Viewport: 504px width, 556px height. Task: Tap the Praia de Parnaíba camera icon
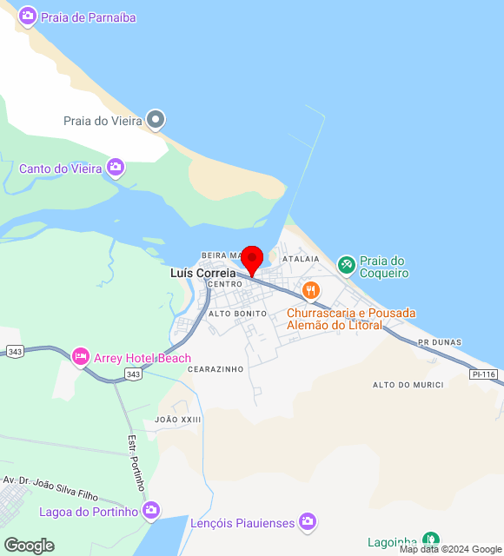point(28,17)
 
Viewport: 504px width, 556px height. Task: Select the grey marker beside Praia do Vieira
point(156,120)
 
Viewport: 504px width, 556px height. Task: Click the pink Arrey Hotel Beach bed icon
point(81,357)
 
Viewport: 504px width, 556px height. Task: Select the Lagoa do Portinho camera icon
point(151,511)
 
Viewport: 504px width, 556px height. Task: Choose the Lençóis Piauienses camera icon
point(307,521)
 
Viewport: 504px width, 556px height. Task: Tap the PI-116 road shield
point(483,374)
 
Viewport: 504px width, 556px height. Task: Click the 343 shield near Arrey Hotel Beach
point(133,374)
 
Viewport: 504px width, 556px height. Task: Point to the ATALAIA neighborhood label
point(301,259)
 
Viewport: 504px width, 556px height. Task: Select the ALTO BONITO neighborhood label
point(237,313)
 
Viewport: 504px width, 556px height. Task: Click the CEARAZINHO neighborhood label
point(215,369)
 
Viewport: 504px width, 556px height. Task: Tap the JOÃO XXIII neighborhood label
point(177,420)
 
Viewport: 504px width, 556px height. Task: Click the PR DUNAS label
point(436,343)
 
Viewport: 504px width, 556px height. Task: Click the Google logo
point(29,546)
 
